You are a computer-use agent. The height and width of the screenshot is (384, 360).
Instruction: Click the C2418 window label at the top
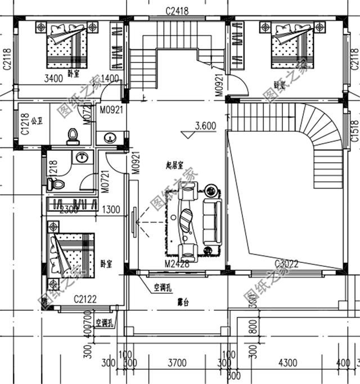(177, 11)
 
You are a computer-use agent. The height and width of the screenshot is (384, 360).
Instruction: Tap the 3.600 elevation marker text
(205, 127)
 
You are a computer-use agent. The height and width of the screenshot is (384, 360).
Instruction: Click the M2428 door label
(176, 264)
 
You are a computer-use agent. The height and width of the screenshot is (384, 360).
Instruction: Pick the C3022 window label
(286, 264)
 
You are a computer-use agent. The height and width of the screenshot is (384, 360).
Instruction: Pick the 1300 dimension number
(111, 210)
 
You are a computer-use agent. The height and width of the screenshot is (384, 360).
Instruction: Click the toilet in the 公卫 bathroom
(71, 135)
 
